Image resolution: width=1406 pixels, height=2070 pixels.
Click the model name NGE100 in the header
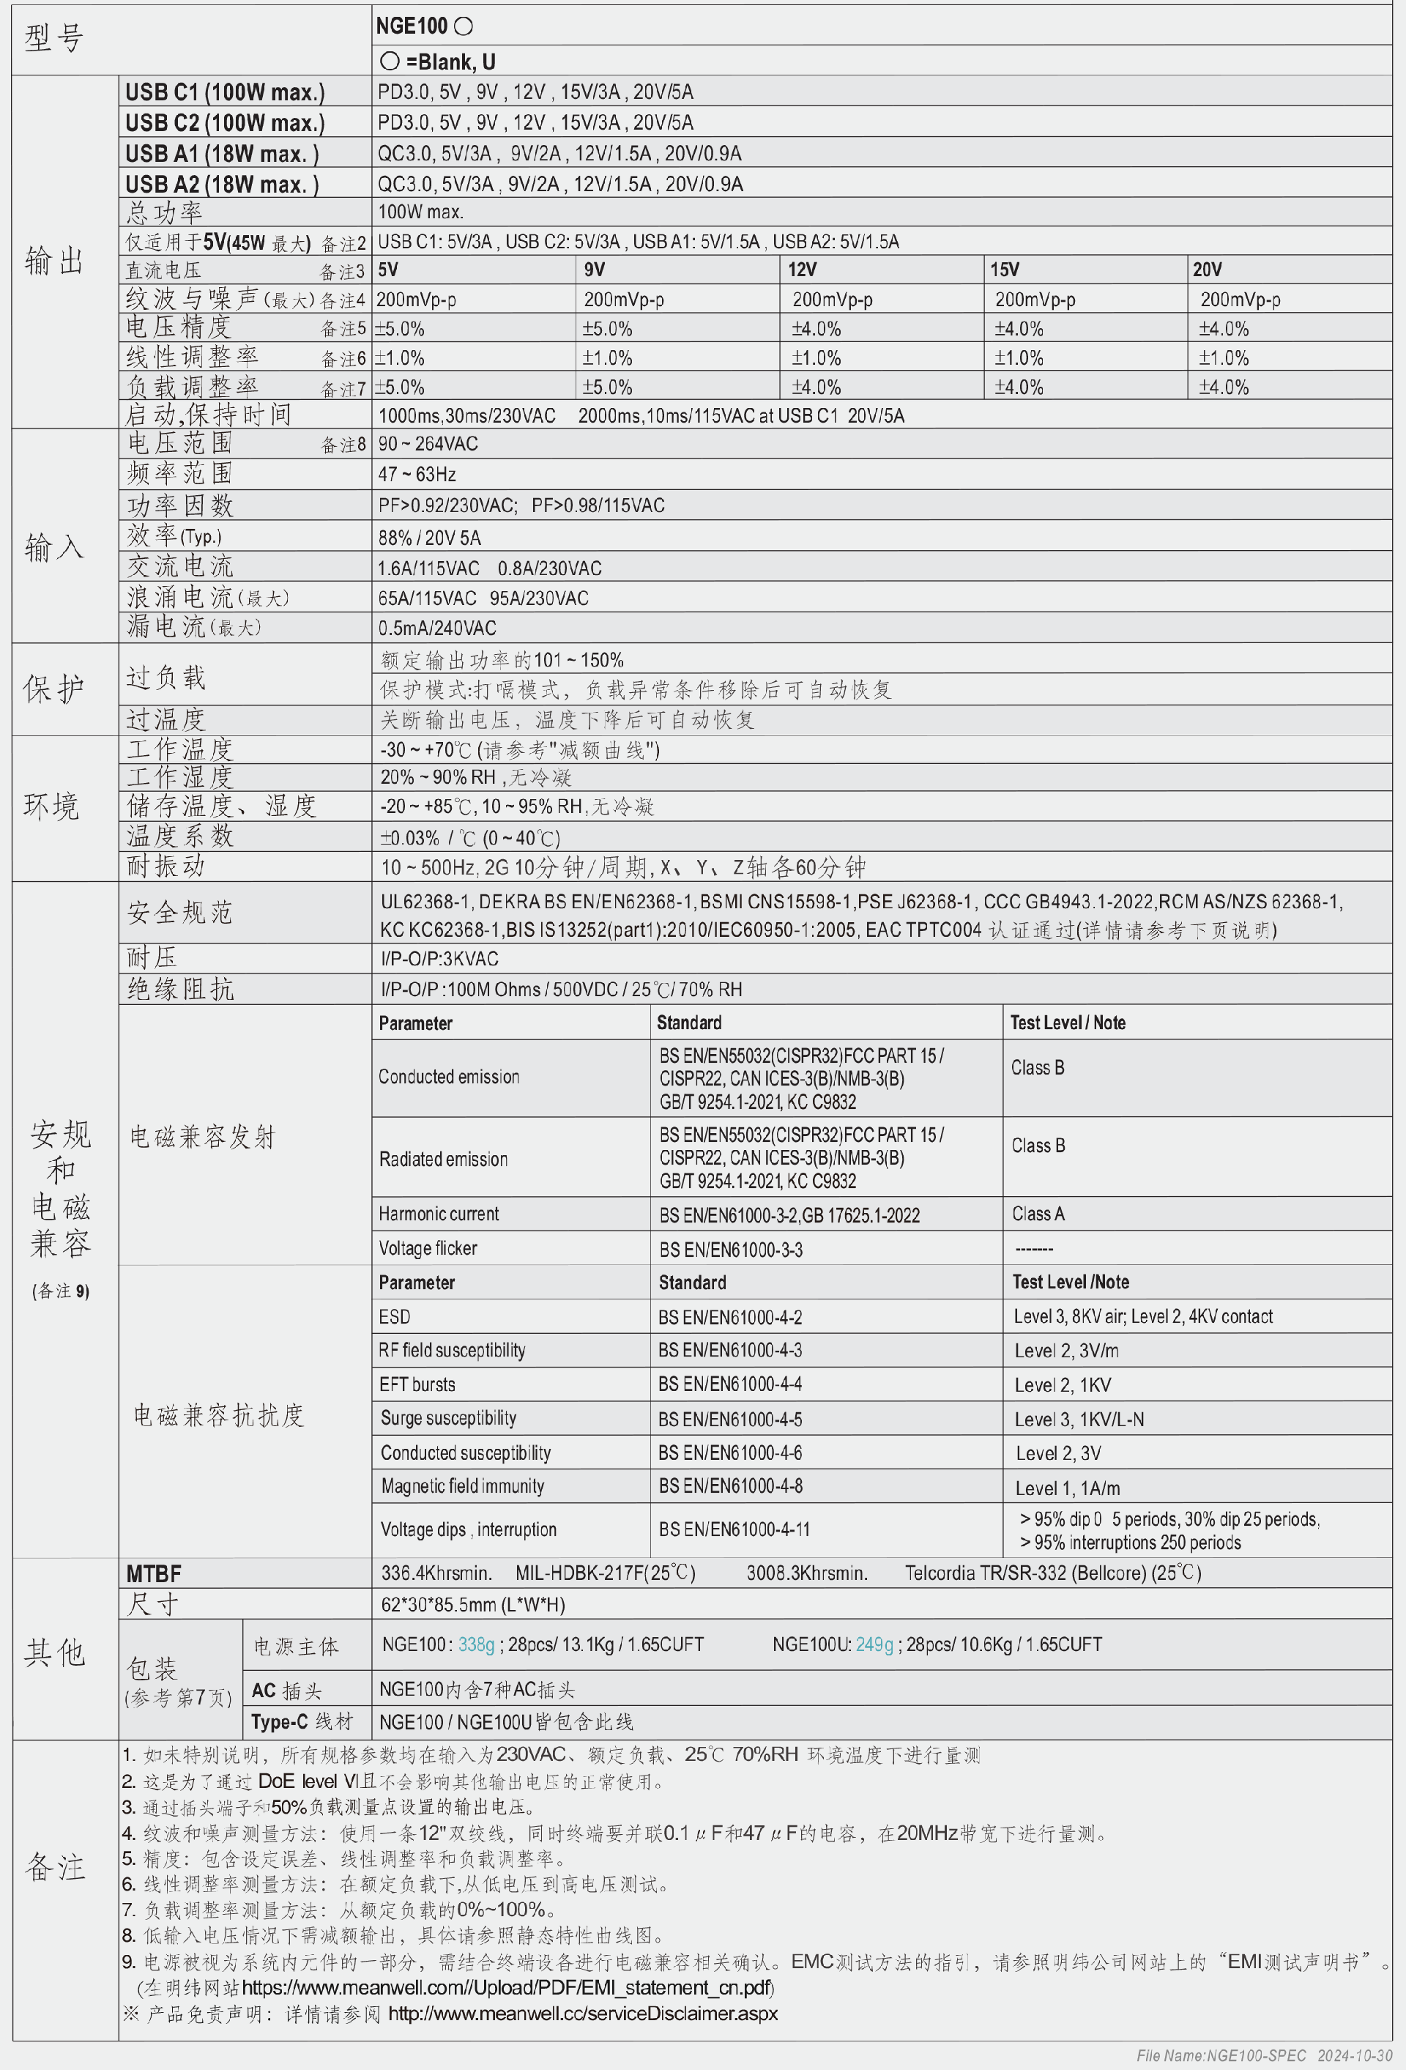point(412,26)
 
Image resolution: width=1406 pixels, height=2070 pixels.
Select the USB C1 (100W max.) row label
point(224,92)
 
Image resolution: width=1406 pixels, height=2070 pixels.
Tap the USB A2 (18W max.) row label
point(222,185)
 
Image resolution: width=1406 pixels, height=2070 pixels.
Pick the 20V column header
point(1207,269)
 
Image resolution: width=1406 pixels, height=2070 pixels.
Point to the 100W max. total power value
point(420,212)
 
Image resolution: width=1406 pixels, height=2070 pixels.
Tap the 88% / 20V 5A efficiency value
point(429,537)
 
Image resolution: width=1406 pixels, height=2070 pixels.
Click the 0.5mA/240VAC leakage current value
point(436,628)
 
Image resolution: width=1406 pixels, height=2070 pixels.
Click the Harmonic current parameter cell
point(438,1214)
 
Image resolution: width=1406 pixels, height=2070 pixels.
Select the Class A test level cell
point(1038,1214)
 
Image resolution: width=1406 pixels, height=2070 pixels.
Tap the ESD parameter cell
point(395,1316)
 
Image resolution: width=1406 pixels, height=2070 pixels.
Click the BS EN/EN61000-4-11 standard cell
point(734,1529)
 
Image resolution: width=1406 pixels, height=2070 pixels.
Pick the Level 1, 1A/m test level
point(1067,1488)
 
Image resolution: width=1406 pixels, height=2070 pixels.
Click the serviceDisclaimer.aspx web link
point(582,2013)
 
